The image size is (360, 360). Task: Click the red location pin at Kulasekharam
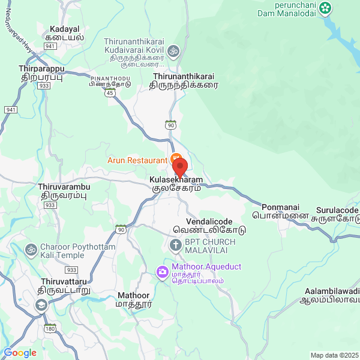(x=179, y=167)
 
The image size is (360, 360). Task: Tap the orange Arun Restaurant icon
(x=176, y=158)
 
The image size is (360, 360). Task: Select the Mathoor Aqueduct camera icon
(x=162, y=272)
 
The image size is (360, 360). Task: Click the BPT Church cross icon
(x=175, y=245)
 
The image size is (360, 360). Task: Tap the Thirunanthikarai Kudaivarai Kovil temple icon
(x=173, y=50)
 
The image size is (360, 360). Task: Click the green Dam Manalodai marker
(x=325, y=8)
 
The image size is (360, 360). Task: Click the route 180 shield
(x=50, y=328)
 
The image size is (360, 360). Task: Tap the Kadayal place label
(x=65, y=32)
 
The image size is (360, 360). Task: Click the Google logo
(x=20, y=353)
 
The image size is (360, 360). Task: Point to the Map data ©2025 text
(x=334, y=355)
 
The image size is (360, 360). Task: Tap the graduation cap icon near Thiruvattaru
(x=41, y=305)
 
